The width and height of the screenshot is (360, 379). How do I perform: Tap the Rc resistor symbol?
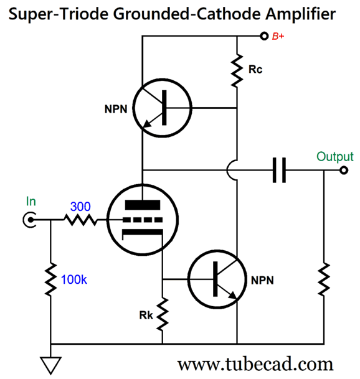(237, 70)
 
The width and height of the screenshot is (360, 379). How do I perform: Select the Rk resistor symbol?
(162, 316)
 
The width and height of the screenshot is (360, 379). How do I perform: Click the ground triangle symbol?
(49, 363)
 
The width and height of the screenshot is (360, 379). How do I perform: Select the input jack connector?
(29, 219)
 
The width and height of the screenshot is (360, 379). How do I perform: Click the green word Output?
(334, 156)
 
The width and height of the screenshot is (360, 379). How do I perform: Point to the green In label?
(31, 201)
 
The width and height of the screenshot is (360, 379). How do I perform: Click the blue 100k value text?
(75, 279)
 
